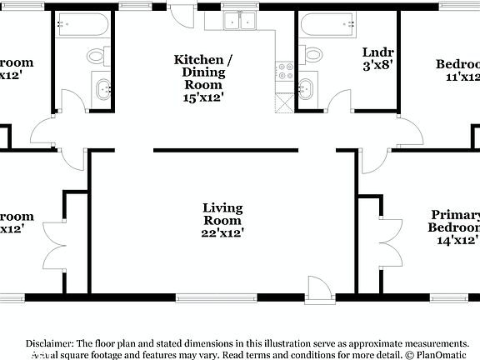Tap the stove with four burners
[x=285, y=70]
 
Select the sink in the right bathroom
[x=307, y=87]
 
